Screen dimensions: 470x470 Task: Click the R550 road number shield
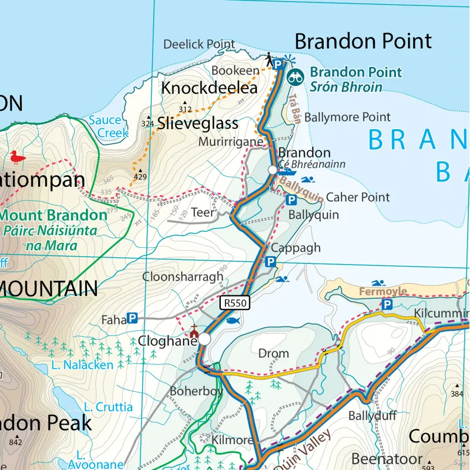(236, 303)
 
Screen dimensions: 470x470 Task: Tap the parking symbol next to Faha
(132, 318)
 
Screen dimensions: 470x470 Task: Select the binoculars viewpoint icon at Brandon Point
(296, 76)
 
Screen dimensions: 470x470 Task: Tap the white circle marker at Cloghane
(204, 339)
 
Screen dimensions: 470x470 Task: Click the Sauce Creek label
(109, 127)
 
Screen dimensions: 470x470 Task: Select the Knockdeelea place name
(209, 89)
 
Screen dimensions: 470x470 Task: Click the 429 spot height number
(140, 177)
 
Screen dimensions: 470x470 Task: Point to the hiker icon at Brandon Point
(269, 59)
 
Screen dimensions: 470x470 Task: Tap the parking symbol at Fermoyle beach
(387, 304)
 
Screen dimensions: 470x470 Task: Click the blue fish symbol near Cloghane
(233, 321)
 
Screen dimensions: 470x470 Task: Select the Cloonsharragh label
(183, 277)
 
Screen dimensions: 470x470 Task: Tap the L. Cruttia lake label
(108, 407)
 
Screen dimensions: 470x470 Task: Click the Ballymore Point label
(347, 117)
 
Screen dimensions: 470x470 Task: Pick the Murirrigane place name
(230, 142)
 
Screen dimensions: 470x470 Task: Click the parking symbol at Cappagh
(270, 261)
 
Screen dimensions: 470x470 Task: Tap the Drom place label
(274, 353)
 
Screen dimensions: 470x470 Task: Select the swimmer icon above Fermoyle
(378, 284)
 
